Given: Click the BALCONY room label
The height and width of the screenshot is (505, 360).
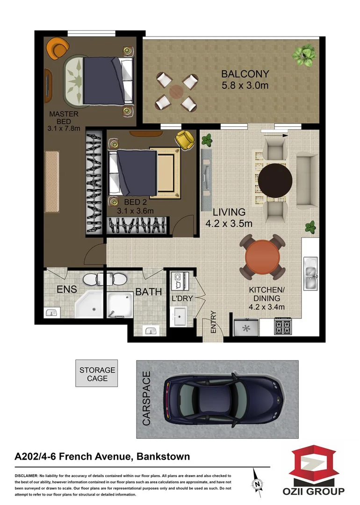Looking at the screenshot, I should coord(245,74).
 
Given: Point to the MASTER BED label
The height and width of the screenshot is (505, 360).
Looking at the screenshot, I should coord(64,117).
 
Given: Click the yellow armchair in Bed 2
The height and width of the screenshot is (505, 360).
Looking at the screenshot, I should coord(184,140).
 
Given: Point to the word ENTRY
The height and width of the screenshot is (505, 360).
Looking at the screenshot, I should coord(214,322).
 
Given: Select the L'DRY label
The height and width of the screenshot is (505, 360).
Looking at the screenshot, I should coord(183,298).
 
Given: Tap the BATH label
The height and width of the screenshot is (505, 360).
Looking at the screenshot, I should coord(148,292).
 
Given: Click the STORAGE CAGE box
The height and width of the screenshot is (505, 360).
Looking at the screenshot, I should coord(97,374).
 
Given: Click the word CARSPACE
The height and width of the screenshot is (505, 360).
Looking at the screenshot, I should coord(146,398).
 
